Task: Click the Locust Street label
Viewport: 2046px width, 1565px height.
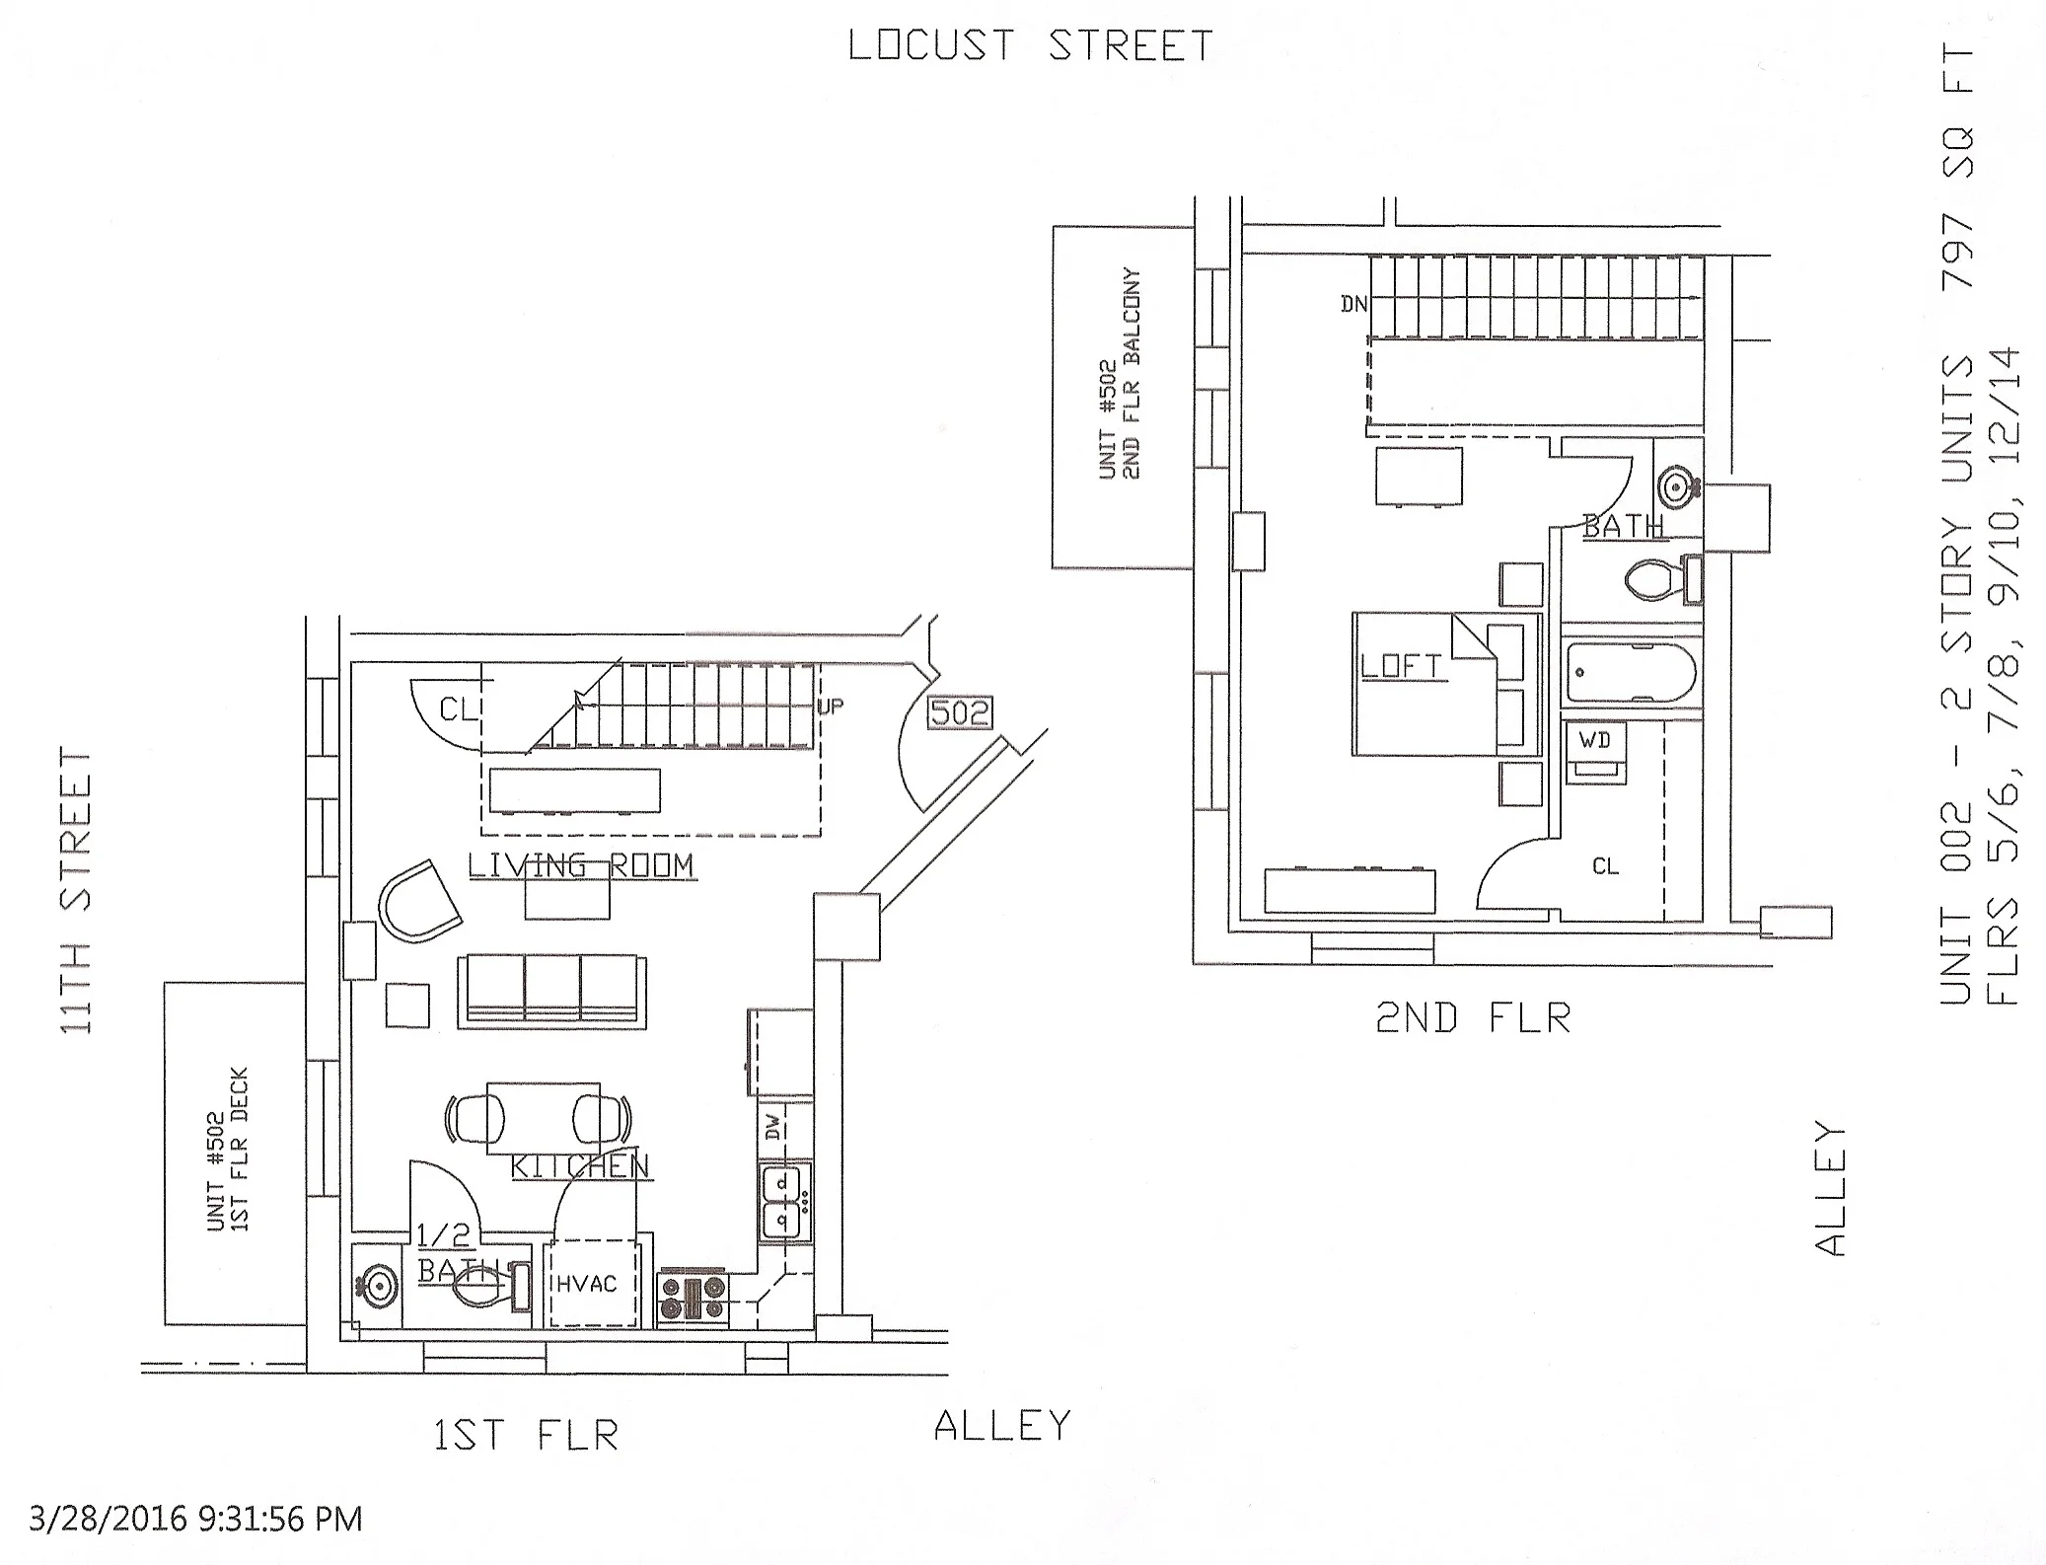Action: [x=1030, y=46]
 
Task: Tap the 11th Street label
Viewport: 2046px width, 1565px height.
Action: [x=76, y=891]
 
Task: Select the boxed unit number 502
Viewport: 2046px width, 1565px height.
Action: [x=959, y=712]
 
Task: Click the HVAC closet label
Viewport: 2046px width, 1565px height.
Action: [x=587, y=1284]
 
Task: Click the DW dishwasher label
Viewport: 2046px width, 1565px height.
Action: [x=772, y=1126]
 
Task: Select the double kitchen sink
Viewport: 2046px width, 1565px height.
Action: [x=785, y=1202]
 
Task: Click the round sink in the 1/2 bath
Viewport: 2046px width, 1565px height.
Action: [x=377, y=1285]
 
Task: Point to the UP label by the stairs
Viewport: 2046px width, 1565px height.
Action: [x=831, y=707]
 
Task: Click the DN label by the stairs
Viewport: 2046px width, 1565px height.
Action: [x=1353, y=305]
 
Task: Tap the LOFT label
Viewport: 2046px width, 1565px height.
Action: [x=1401, y=667]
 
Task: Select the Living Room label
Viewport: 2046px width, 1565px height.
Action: [x=581, y=865]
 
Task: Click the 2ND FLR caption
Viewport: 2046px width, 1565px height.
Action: [x=1473, y=1018]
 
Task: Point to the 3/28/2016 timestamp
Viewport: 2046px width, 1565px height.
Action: [x=195, y=1518]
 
